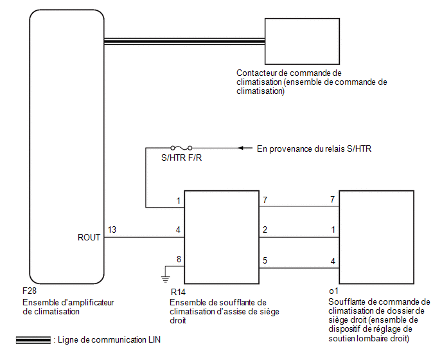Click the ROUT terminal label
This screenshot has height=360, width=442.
pos(89,237)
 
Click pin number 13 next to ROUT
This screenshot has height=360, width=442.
pos(112,230)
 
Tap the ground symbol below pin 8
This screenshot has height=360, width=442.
pos(166,279)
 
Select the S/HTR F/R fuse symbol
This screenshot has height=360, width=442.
pos(182,148)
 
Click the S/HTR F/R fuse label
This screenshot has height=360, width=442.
pos(182,157)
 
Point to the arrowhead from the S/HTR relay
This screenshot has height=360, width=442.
pos(240,148)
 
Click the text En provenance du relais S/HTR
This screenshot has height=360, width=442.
pos(314,148)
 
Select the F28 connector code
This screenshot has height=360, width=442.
pos(30,291)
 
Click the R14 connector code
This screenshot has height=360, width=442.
pos(178,292)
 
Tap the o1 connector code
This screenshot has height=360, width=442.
pos(333,291)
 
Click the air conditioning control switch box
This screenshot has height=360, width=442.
pos(302,42)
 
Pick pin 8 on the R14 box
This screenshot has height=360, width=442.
pos(179,259)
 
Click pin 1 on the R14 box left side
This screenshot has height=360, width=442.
pos(179,201)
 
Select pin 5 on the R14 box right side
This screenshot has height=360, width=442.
pos(265,260)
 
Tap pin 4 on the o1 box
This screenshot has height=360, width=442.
pos(333,261)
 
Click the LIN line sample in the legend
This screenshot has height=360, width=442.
pos(33,340)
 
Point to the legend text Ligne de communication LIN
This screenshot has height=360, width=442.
pos(109,339)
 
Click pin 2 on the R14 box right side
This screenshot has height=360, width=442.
pos(265,230)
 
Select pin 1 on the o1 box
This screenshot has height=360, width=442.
pos(333,230)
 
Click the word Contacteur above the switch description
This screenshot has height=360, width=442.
pos(256,73)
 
